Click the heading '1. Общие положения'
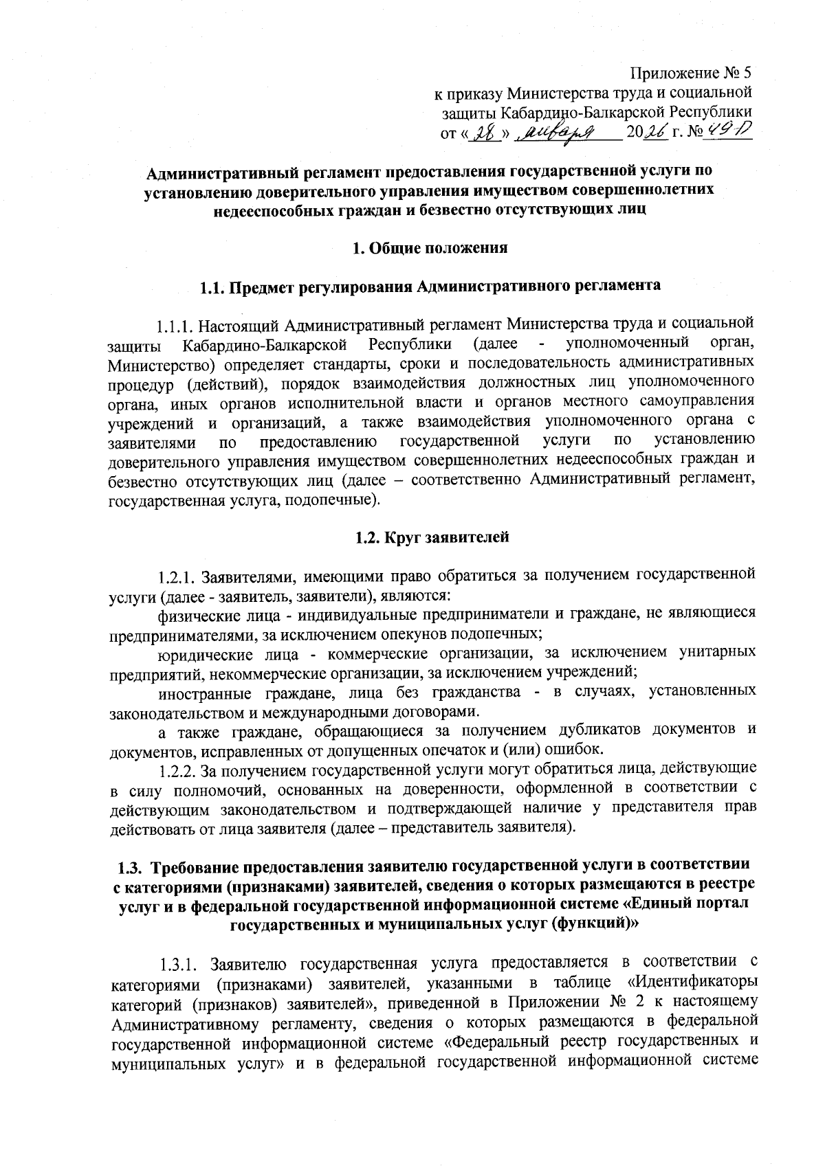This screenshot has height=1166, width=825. click(x=430, y=248)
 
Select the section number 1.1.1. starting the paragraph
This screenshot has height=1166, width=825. click(x=181, y=324)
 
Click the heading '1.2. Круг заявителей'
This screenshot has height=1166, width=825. click(x=432, y=537)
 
